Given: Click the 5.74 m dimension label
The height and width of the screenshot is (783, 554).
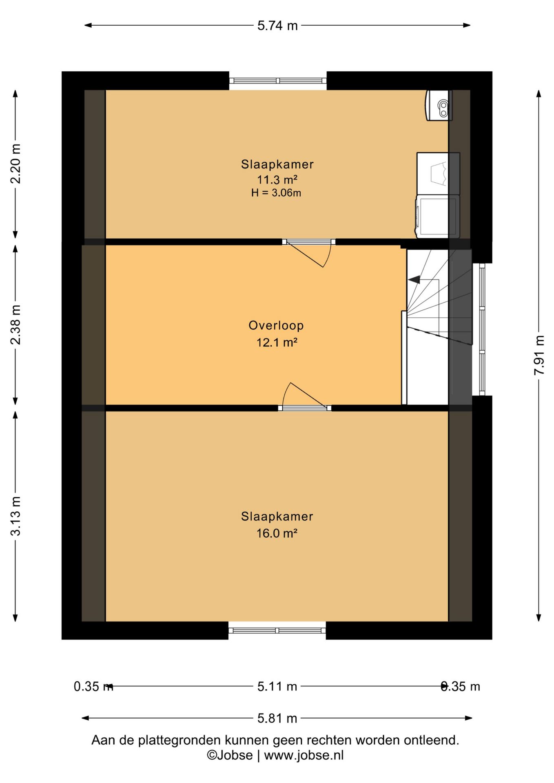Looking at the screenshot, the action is [x=277, y=26].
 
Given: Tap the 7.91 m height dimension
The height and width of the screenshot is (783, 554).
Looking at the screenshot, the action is [x=539, y=355].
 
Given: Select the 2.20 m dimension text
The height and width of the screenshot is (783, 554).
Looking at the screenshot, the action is [x=16, y=164].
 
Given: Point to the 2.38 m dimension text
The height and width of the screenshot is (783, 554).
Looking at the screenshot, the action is [x=16, y=325].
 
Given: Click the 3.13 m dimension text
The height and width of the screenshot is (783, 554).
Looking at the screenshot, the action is [x=16, y=516].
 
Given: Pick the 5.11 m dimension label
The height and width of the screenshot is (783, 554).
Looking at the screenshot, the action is [x=277, y=686].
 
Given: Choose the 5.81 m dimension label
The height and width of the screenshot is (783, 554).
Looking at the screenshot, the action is [x=277, y=718].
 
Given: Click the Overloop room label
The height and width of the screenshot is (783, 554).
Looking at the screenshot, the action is [x=276, y=325].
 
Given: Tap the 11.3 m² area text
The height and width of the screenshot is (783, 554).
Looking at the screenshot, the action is [x=277, y=179].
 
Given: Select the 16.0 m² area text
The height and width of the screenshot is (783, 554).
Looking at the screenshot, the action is [x=277, y=533].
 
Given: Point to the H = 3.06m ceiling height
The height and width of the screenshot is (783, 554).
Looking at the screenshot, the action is [x=276, y=193].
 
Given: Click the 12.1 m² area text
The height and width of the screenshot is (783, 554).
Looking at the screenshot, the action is [x=277, y=342].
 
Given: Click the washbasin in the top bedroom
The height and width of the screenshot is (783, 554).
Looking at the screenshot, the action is [x=439, y=105].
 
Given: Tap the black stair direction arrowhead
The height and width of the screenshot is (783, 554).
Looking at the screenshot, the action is [x=414, y=280].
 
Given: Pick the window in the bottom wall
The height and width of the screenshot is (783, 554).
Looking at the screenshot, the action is [x=277, y=630].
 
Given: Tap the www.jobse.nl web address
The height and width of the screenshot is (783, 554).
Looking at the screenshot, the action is [x=304, y=755].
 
